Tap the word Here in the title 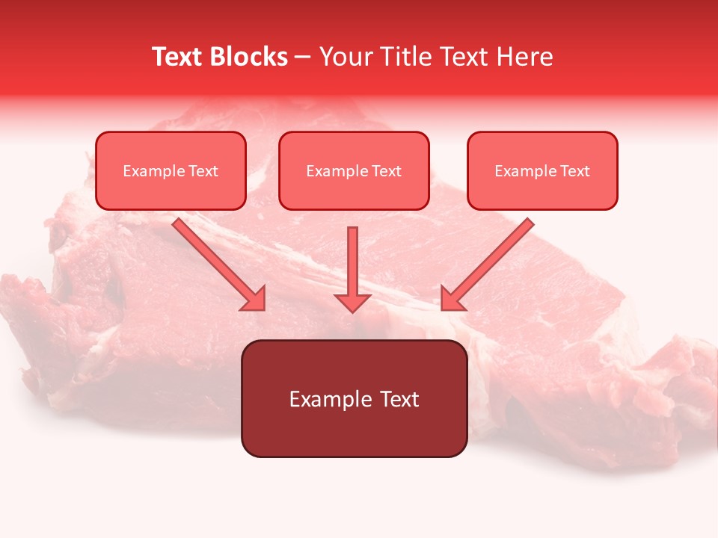pyautogui.click(x=525, y=57)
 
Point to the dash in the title pyautogui.click(x=303, y=58)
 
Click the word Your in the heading pyautogui.click(x=346, y=57)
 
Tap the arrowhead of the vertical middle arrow pyautogui.click(x=352, y=302)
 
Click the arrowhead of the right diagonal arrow pyautogui.click(x=451, y=300)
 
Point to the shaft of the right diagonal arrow pyautogui.click(x=497, y=254)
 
